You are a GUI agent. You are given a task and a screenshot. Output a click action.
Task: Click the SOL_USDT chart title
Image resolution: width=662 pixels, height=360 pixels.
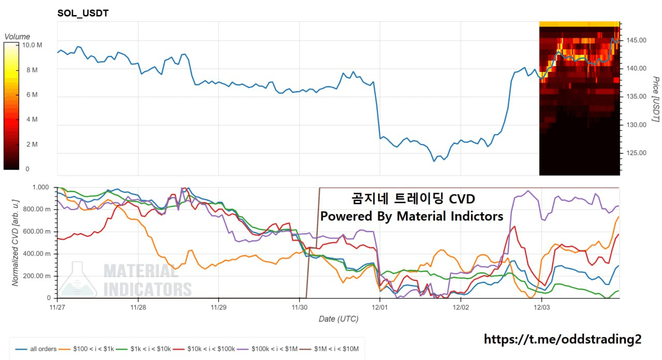coord(83,13)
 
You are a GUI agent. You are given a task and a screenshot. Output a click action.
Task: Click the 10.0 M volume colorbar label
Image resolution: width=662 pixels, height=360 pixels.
coord(32,45)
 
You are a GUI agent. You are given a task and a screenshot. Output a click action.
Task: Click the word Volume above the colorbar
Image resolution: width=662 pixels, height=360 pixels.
coord(17,37)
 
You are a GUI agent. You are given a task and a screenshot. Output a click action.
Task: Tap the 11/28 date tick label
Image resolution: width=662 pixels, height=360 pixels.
coord(138,307)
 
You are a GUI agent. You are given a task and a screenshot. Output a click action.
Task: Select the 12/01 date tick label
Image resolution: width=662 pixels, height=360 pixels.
coord(380,307)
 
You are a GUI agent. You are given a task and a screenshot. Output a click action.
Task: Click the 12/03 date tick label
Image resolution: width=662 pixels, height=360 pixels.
coord(541,307)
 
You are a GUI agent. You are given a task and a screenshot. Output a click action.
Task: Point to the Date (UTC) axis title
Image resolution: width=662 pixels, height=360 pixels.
coord(338,319)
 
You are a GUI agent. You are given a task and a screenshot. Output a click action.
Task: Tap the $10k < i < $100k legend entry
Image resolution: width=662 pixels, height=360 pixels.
coord(207,349)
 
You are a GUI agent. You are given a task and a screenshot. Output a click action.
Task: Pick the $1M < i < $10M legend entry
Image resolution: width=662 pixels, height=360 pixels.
coord(332,349)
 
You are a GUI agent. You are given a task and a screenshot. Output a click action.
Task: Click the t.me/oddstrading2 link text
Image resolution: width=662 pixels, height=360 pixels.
coord(563,339)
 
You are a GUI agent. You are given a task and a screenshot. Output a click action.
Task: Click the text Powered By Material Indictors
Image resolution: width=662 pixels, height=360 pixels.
coord(412,216)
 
